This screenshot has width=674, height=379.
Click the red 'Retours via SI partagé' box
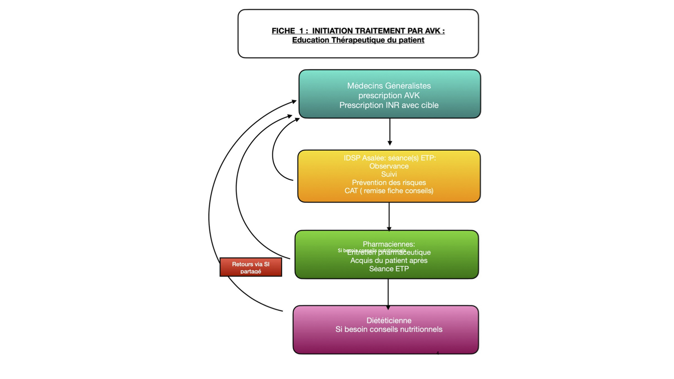[250, 267]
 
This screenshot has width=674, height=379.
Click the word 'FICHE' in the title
[284, 31]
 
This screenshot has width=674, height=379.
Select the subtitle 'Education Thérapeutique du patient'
[358, 40]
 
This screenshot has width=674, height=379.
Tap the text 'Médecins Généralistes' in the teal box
[389, 86]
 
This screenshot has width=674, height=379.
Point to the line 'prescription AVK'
[389, 95]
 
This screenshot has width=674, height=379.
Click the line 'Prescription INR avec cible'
[389, 105]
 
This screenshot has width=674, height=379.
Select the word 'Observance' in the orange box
[389, 166]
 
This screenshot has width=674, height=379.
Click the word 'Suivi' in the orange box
[389, 175]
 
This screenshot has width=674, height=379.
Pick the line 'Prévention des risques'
[389, 182]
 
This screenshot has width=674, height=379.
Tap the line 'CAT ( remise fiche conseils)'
[389, 191]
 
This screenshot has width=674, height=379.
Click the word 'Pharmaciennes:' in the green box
[389, 244]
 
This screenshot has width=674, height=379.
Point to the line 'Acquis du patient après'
[389, 260]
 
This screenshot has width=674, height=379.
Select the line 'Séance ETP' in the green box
[389, 269]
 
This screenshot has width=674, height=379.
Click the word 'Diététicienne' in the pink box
[389, 321]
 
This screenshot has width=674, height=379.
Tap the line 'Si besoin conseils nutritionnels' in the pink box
[389, 329]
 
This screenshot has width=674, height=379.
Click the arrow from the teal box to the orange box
[390, 132]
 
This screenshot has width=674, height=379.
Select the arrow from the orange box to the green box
[389, 216]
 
